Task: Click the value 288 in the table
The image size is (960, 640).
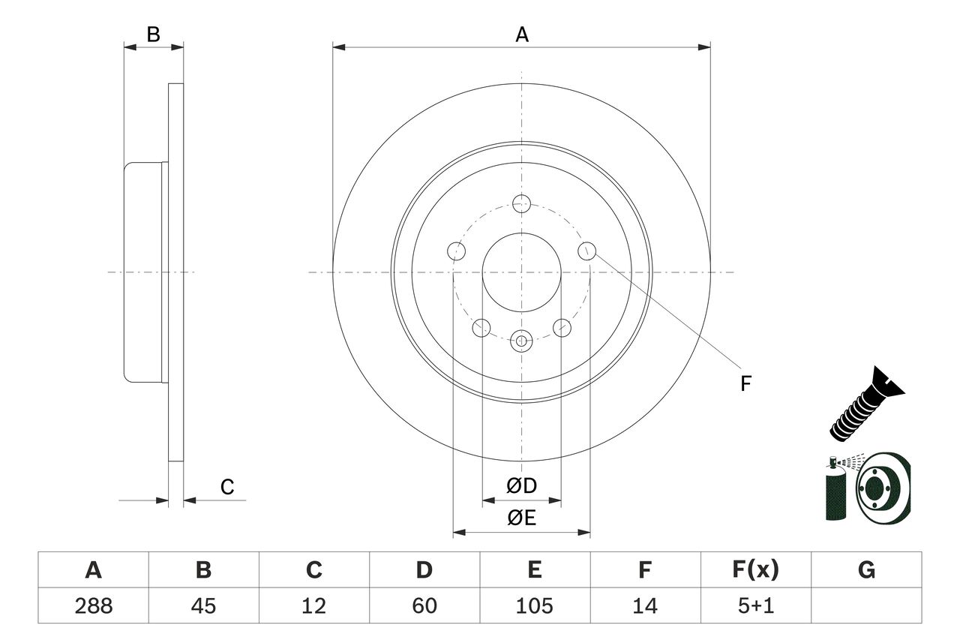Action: (x=93, y=605)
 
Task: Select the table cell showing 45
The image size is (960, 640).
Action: (x=203, y=605)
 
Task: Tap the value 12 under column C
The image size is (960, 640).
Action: (x=313, y=605)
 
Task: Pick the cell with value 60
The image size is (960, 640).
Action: (x=424, y=605)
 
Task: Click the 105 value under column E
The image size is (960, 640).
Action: (x=534, y=605)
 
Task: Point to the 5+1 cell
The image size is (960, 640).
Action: (x=755, y=605)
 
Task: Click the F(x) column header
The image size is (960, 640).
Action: (x=755, y=570)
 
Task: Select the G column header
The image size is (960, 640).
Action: (x=866, y=570)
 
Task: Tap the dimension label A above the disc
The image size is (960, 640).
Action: (x=521, y=35)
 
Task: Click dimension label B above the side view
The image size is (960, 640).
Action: (x=153, y=35)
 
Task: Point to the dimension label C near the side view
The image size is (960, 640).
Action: (x=227, y=488)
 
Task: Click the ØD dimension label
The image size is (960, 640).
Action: (x=522, y=486)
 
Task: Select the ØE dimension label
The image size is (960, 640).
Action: (x=522, y=518)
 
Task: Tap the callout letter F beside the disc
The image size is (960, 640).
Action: (x=745, y=383)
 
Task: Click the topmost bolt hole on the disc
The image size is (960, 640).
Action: (x=522, y=203)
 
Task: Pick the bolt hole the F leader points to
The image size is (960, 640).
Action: (x=586, y=251)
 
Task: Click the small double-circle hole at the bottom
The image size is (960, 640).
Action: (x=522, y=341)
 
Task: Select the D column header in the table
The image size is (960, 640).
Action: (x=424, y=570)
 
